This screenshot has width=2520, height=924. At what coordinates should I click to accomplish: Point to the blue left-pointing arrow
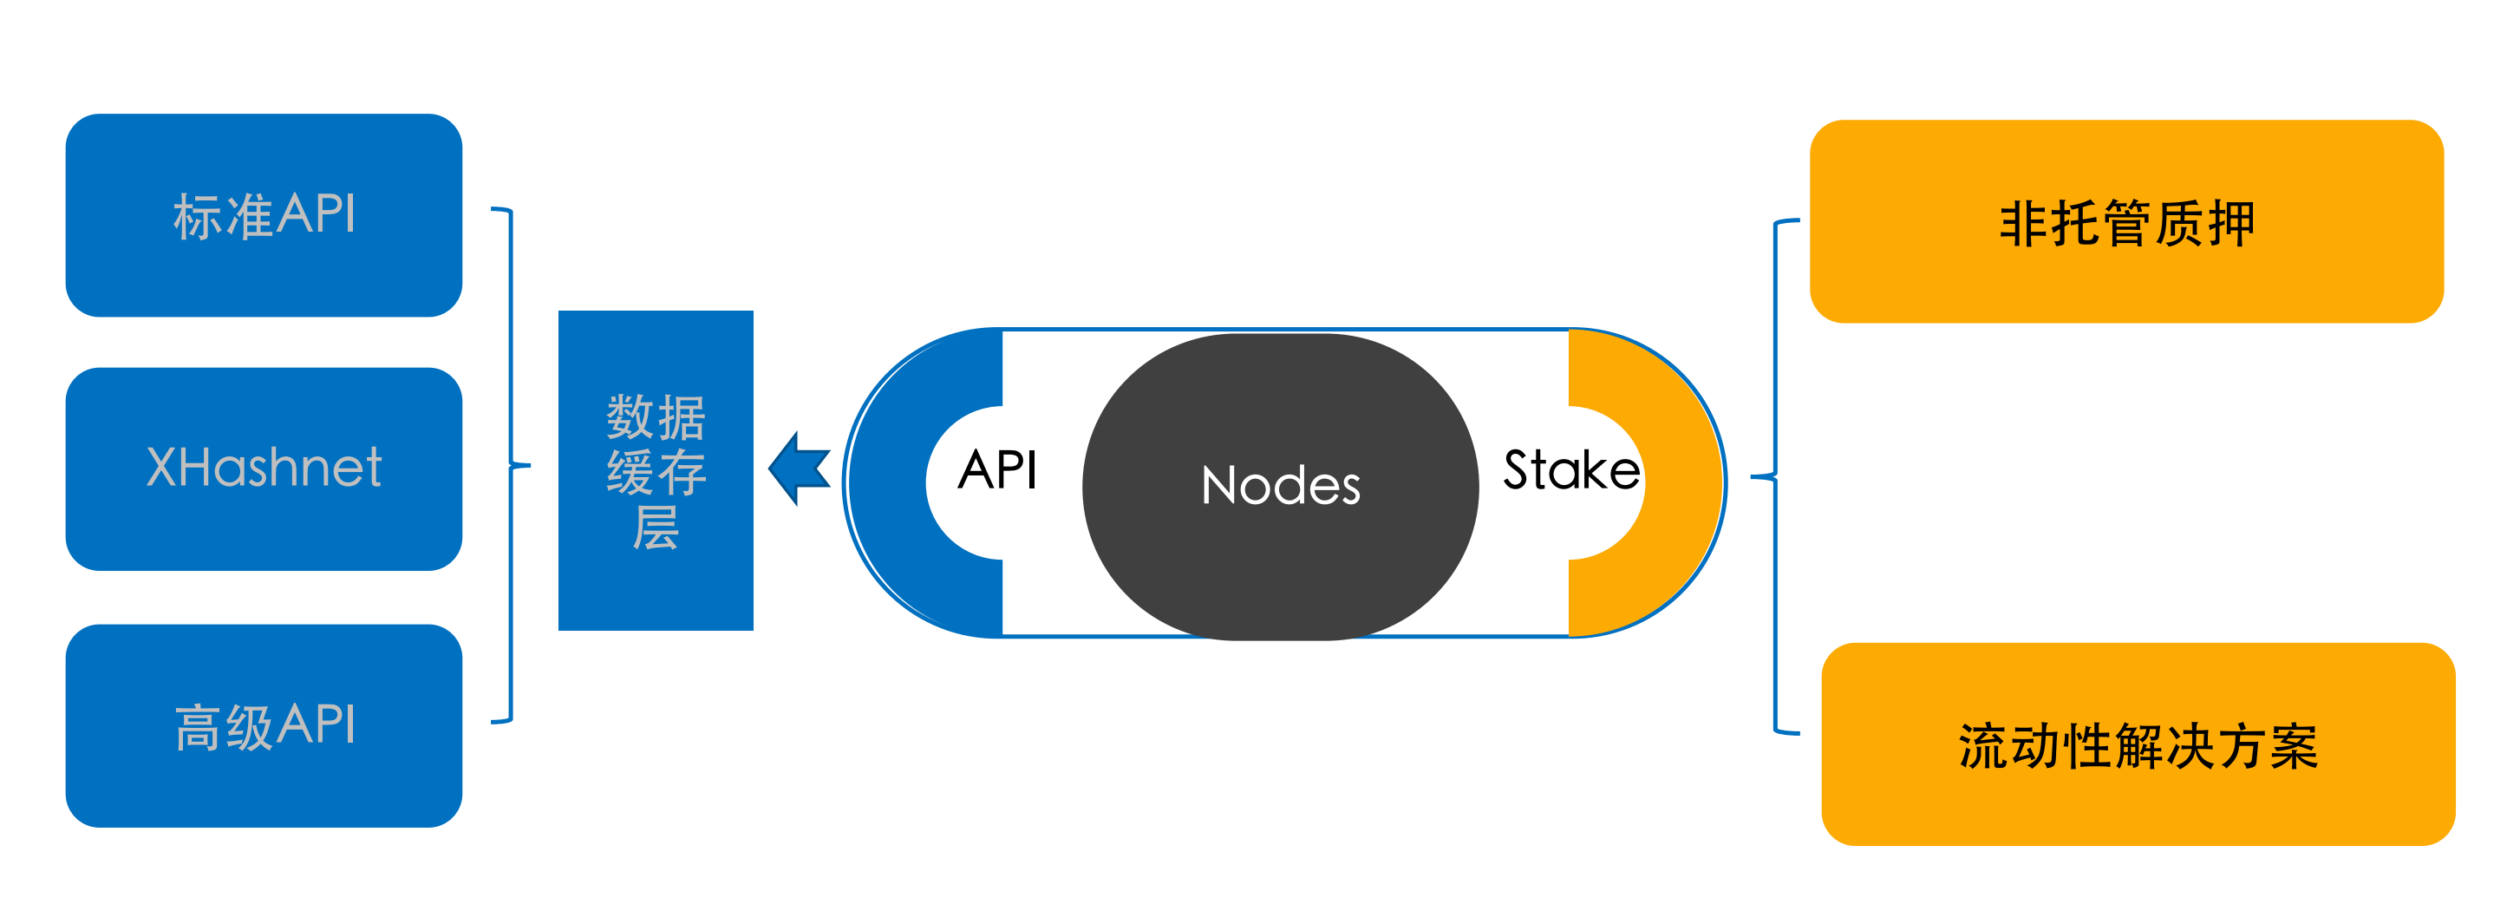(x=800, y=469)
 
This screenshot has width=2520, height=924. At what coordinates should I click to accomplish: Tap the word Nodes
(x=1280, y=486)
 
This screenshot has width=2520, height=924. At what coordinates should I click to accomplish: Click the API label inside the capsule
(x=997, y=470)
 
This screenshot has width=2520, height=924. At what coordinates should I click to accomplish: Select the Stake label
(x=1570, y=470)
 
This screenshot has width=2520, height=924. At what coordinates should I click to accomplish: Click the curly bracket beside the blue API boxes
(x=511, y=465)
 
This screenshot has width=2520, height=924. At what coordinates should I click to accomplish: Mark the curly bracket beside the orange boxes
(x=1774, y=476)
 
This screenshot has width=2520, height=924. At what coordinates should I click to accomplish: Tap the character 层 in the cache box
(x=656, y=528)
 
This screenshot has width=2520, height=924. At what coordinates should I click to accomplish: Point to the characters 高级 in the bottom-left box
(x=223, y=727)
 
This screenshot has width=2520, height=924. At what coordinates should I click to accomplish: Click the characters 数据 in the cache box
(x=656, y=418)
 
